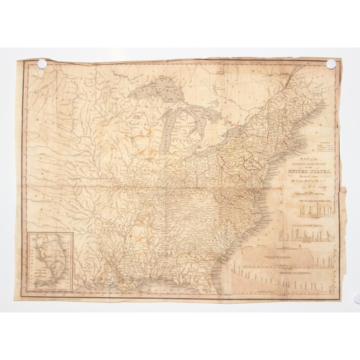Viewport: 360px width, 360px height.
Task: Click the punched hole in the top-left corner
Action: (42, 63)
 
